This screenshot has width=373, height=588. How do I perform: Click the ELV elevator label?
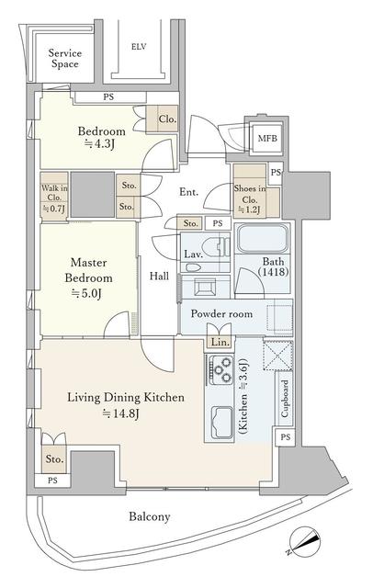tap(139, 46)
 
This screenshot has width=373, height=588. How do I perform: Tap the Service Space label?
tap(65, 60)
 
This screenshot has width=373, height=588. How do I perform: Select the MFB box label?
tap(266, 139)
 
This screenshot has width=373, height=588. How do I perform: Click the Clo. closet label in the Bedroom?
tap(167, 119)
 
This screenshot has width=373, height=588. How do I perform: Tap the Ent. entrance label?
tap(188, 192)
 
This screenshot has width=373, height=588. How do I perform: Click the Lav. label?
tap(193, 253)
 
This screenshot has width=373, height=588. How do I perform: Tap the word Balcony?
tap(149, 517)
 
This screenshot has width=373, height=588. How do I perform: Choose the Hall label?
tap(159, 276)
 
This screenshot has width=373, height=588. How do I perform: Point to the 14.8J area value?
tap(119, 413)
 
